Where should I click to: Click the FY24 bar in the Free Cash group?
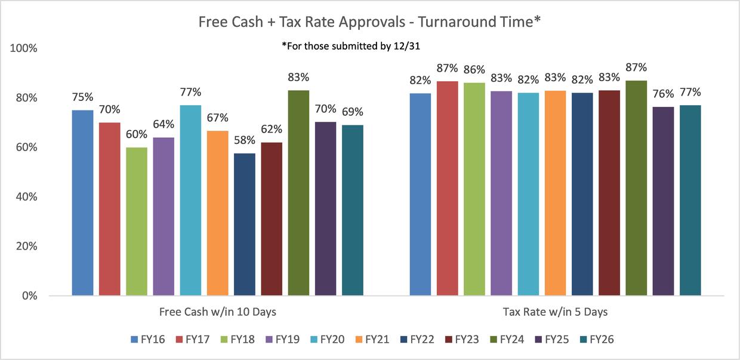point(298,192)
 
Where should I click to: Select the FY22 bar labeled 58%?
point(245,224)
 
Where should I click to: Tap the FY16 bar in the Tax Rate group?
point(420,194)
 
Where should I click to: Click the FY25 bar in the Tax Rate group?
point(663,201)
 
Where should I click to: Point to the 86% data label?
point(474,70)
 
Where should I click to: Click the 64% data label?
point(164,125)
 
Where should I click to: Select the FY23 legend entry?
point(462,340)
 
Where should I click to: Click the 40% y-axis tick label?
point(26,197)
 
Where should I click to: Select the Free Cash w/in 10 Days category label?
point(217,312)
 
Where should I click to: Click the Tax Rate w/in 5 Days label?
point(555,312)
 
